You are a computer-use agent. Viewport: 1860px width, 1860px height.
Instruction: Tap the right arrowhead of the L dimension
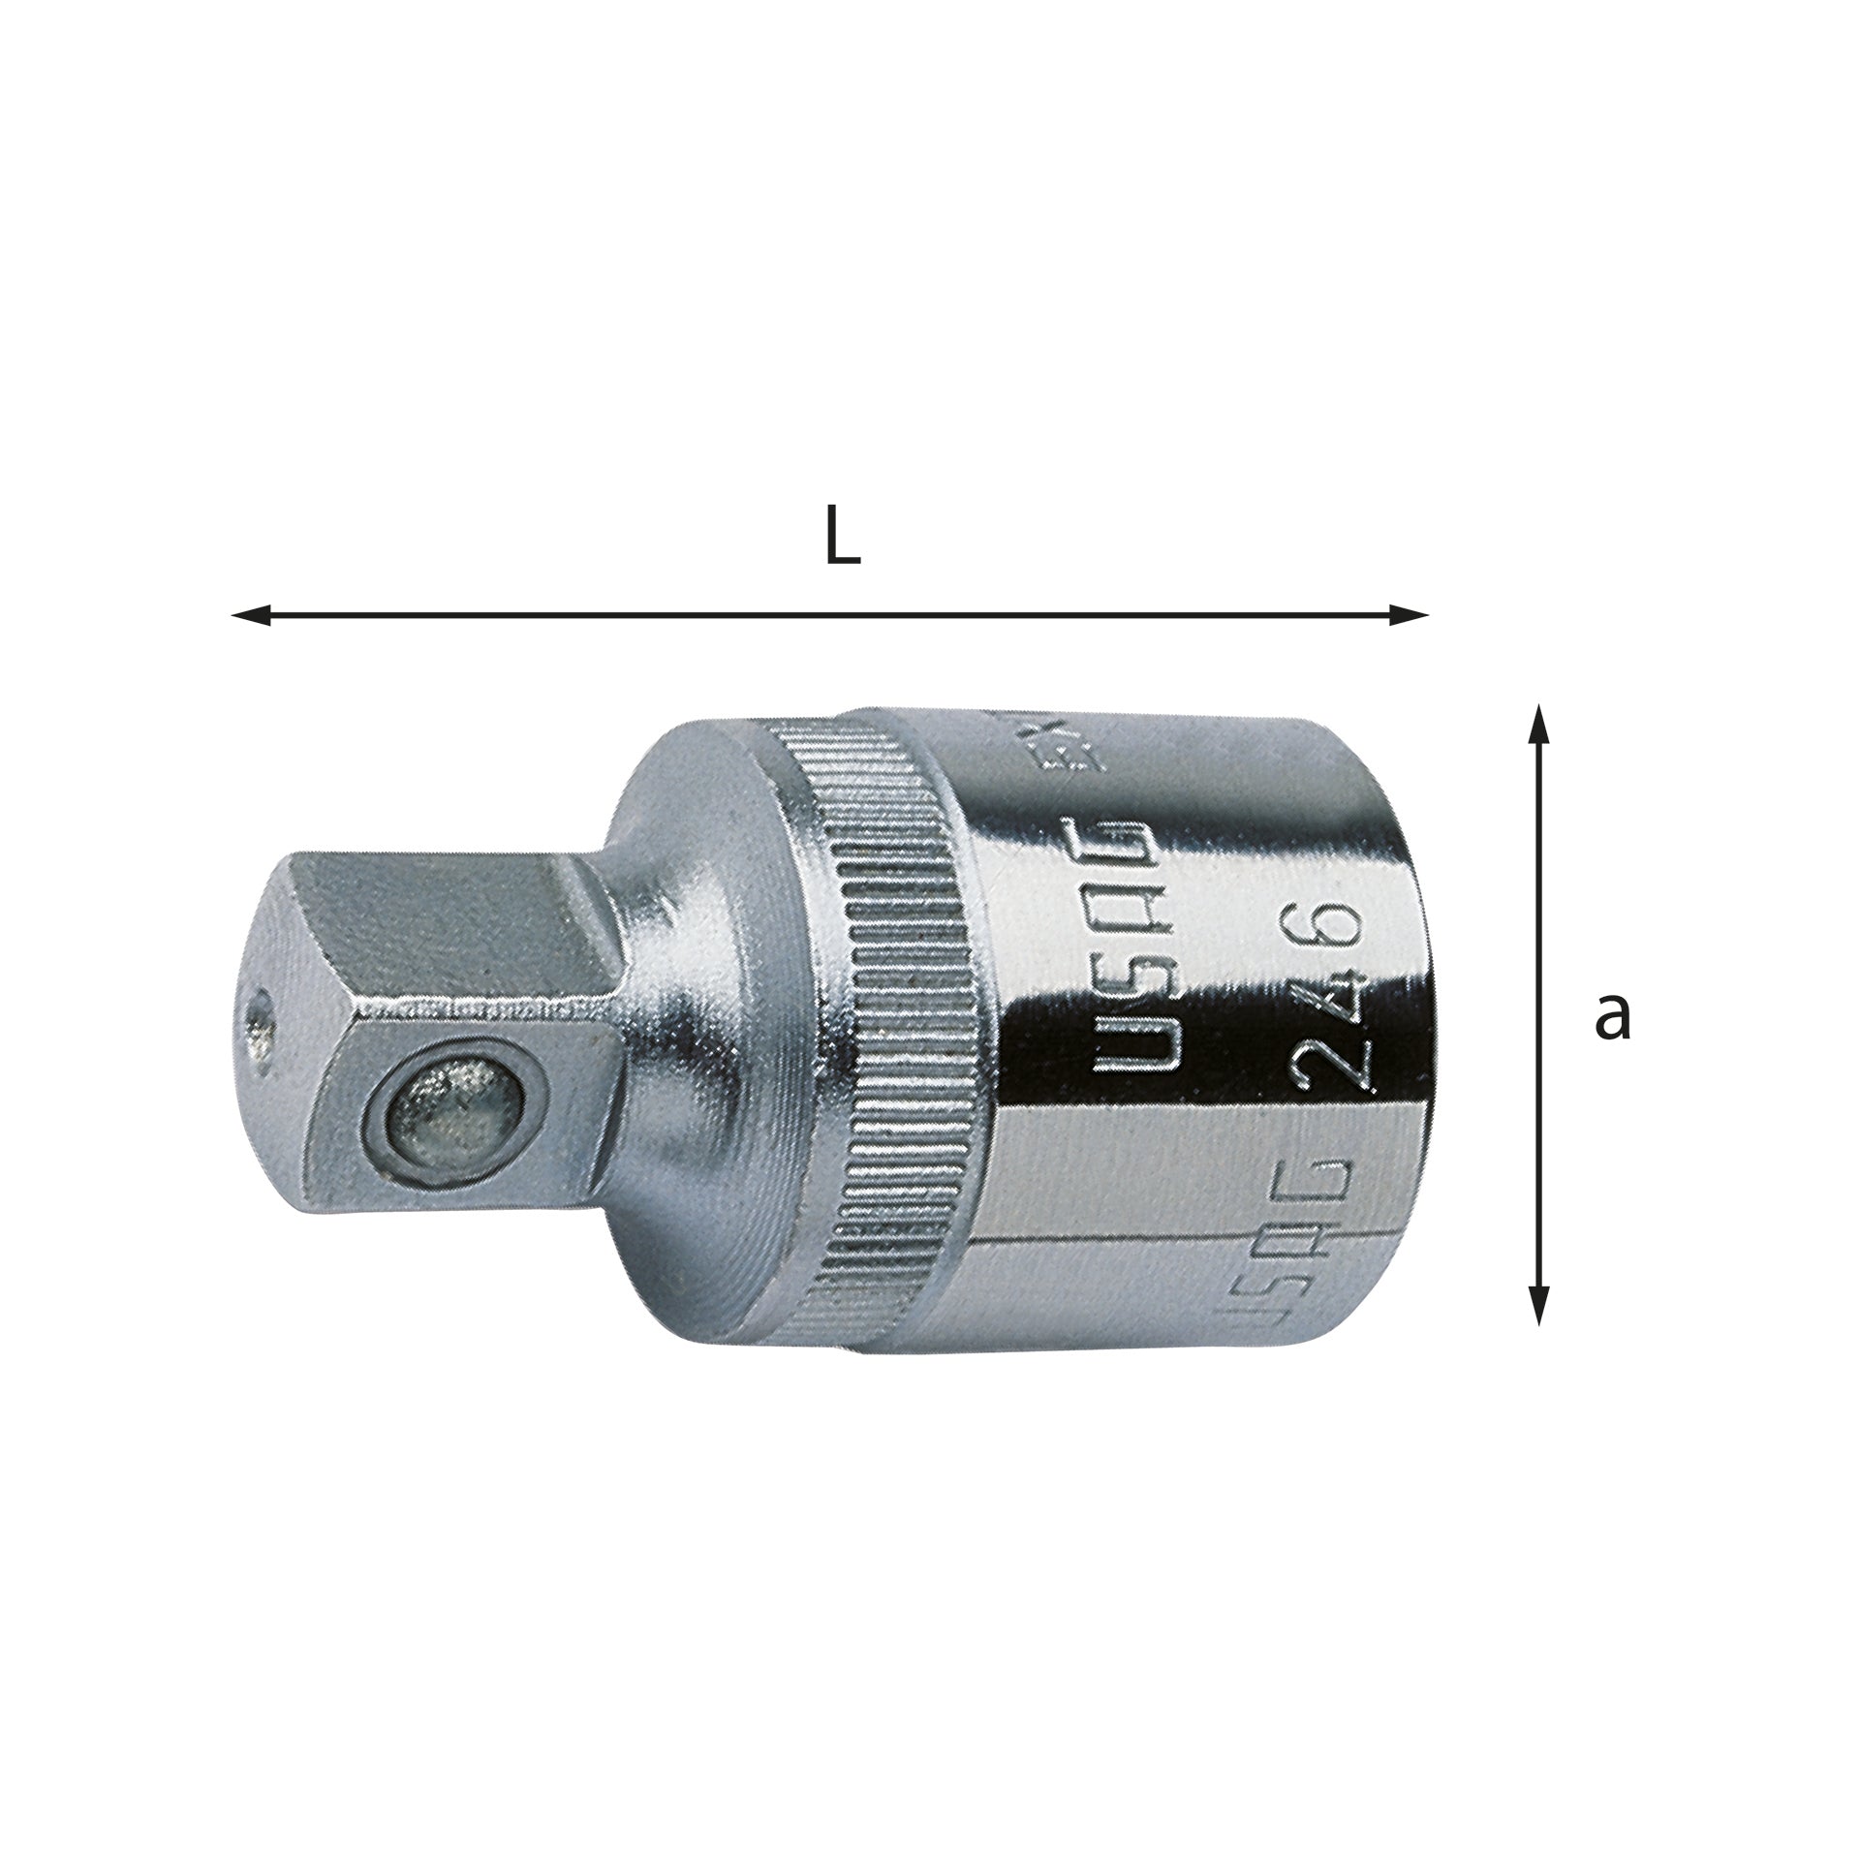1410,614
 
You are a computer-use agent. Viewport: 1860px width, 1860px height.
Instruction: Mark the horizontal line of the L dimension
833,614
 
